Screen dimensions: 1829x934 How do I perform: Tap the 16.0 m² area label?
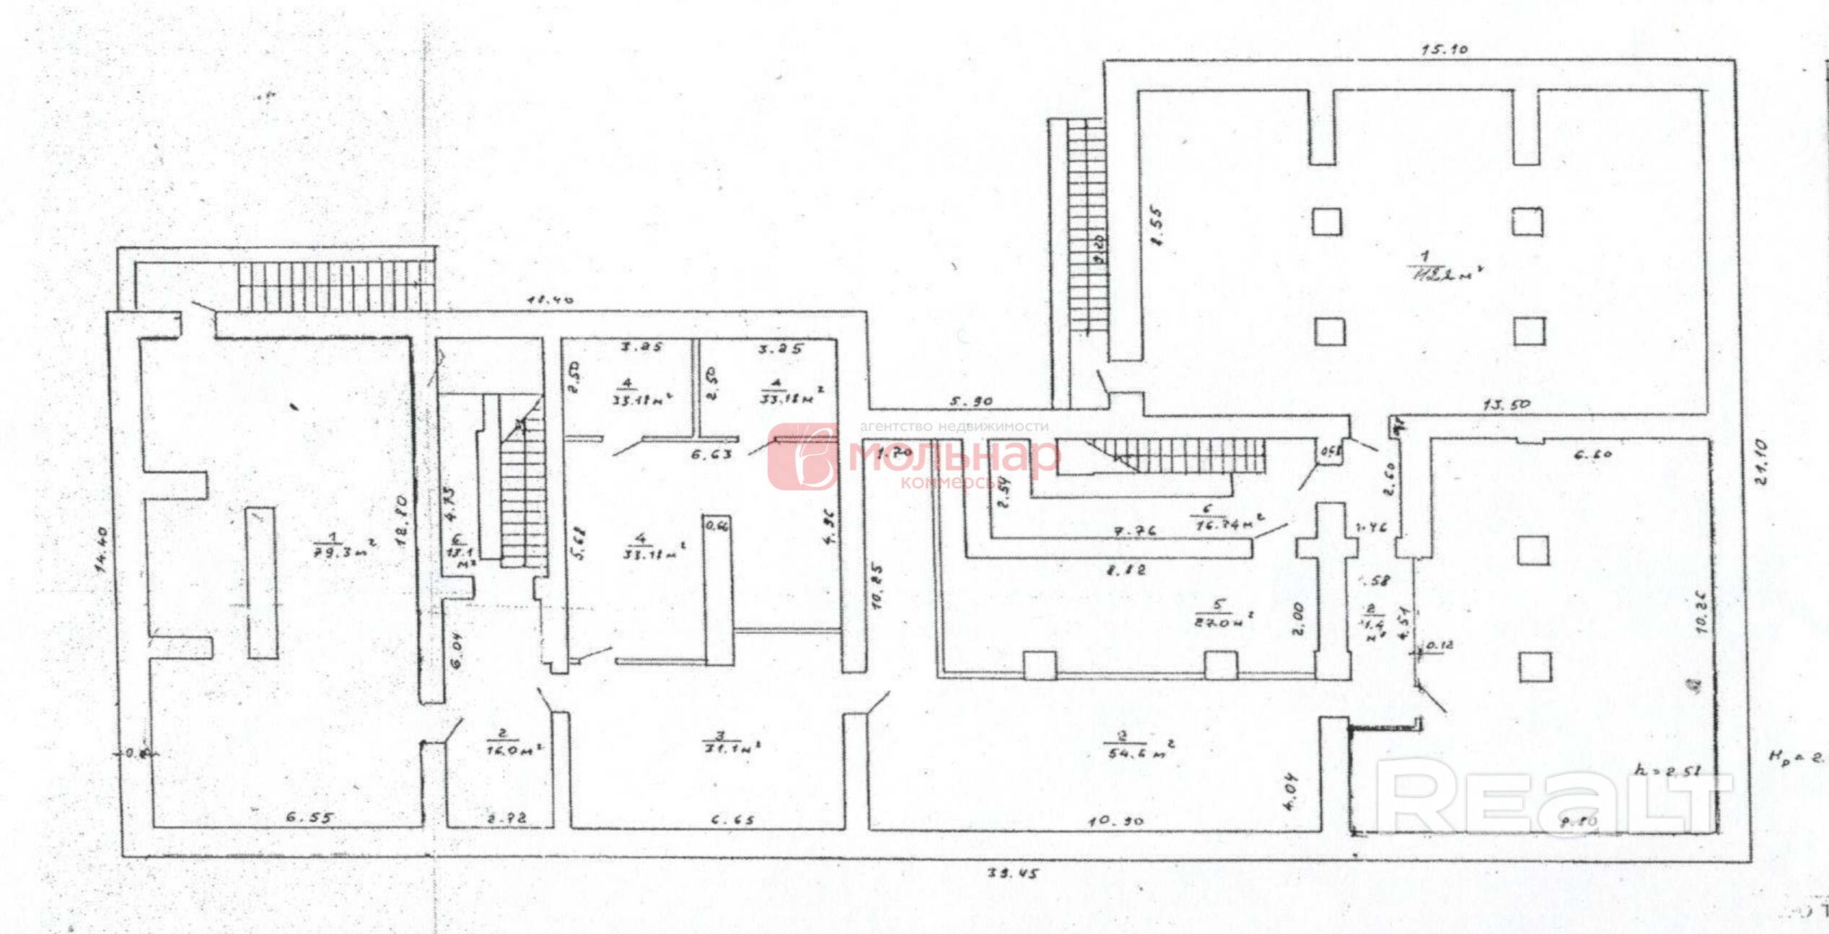click(513, 743)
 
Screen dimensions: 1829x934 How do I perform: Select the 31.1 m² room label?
click(731, 743)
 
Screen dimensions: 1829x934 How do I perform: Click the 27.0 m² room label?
click(1221, 614)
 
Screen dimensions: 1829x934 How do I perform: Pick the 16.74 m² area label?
click(1227, 519)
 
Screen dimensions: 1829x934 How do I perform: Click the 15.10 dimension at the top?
click(1444, 49)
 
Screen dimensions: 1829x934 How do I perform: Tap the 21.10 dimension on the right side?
click(1760, 462)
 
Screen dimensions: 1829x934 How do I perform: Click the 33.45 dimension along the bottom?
click(1012, 873)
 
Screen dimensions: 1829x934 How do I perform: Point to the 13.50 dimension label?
click(1506, 405)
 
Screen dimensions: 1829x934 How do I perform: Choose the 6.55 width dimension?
click(310, 817)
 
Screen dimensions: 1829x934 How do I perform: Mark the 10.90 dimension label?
click(1115, 821)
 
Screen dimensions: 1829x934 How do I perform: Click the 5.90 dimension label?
click(970, 401)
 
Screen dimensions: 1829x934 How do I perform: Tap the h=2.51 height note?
click(1666, 770)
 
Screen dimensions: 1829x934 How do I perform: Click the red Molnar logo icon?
click(802, 457)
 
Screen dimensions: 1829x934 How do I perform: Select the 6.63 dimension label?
click(711, 454)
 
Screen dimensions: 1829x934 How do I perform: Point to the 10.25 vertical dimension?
click(877, 586)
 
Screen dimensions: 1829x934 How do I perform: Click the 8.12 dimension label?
click(1126, 570)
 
